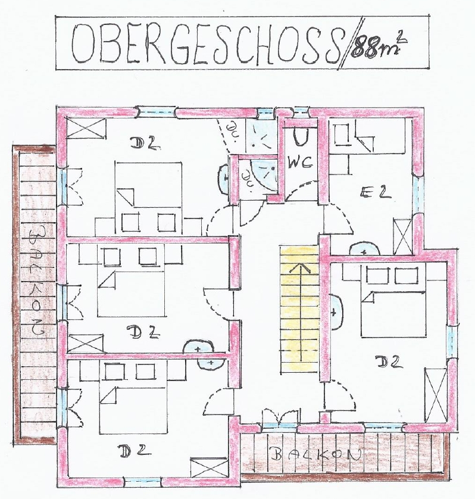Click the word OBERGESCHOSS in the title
click(x=205, y=45)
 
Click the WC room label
click(x=301, y=163)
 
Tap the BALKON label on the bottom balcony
click(x=317, y=454)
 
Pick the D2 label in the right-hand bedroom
click(x=389, y=362)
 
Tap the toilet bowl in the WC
click(x=300, y=137)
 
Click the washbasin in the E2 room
click(x=364, y=249)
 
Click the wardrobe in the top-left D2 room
click(x=86, y=128)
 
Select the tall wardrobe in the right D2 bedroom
click(x=436, y=395)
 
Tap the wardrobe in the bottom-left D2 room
click(x=208, y=468)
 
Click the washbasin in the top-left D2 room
click(x=224, y=179)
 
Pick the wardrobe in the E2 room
click(x=403, y=236)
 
